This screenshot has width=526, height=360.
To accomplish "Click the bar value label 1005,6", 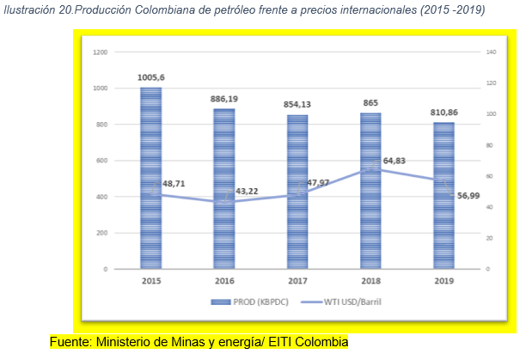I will coord(151,77).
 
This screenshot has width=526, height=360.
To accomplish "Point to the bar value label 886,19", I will coord(223,99).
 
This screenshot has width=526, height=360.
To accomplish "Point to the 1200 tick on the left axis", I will coord(101,52).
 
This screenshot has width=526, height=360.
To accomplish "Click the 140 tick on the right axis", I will coord(492,52).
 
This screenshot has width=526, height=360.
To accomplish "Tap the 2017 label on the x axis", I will coord(297,281).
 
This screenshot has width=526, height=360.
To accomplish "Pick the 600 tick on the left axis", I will coord(102,161).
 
